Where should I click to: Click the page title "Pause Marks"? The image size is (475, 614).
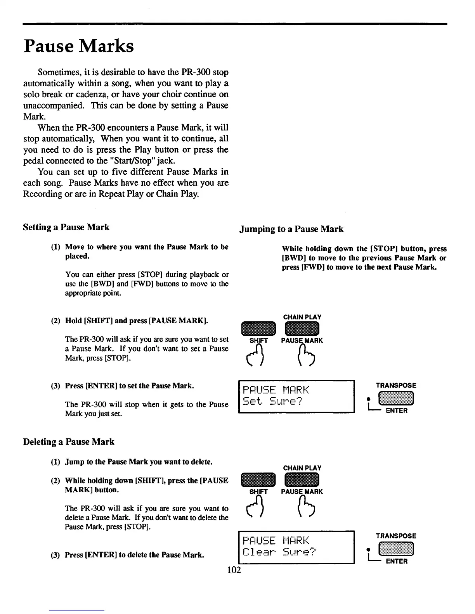(x=78, y=46)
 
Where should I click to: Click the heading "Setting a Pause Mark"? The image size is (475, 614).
(x=66, y=227)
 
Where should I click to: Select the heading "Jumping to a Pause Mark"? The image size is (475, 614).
(x=291, y=229)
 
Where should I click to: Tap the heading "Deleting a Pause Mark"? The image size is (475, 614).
(x=69, y=442)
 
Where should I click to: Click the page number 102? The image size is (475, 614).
(x=234, y=569)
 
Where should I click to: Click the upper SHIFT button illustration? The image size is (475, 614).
(x=258, y=329)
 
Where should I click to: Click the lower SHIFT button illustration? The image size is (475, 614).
(x=258, y=480)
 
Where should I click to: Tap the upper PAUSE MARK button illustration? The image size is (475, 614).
(x=302, y=329)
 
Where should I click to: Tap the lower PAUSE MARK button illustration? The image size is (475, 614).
(x=302, y=480)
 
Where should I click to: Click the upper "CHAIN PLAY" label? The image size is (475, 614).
(x=302, y=317)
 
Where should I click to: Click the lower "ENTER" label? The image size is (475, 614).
(x=397, y=561)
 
